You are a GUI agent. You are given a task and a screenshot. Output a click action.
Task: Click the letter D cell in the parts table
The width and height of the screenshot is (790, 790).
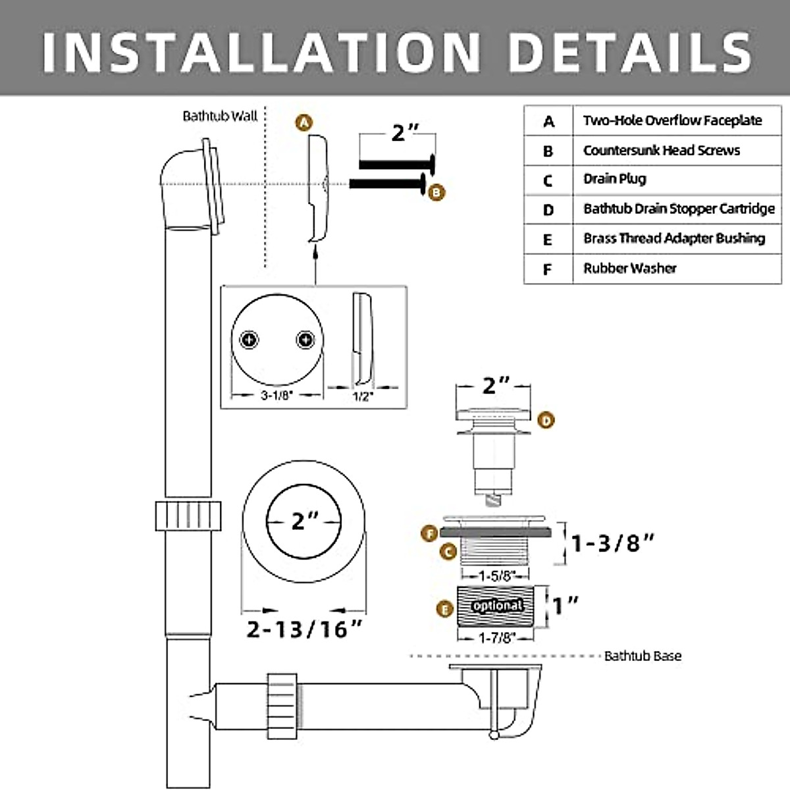click(x=548, y=210)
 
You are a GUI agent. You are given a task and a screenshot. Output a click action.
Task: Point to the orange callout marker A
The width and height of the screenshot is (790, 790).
click(x=303, y=122)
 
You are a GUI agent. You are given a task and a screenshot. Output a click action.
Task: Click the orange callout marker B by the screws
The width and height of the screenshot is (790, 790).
click(x=436, y=192)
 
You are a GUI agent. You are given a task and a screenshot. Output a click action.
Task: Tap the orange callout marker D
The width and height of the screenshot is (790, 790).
click(x=546, y=420)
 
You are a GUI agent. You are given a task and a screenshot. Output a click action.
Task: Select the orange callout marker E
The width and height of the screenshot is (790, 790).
click(x=446, y=610)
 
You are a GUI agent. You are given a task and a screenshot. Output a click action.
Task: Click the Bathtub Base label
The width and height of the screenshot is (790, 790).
click(x=643, y=656)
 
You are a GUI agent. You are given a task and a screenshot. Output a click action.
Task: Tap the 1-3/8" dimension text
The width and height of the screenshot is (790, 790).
click(x=613, y=544)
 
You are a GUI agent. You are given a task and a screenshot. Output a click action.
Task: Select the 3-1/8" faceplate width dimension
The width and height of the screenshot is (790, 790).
click(x=276, y=396)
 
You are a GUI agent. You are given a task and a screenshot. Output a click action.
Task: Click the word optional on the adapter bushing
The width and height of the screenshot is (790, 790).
click(x=498, y=605)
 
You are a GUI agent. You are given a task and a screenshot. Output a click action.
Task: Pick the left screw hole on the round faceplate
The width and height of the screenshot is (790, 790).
click(x=249, y=340)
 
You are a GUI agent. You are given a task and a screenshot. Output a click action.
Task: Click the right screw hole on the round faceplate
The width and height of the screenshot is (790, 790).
click(x=305, y=340)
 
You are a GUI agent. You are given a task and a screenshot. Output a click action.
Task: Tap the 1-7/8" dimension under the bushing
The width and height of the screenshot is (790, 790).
click(x=496, y=637)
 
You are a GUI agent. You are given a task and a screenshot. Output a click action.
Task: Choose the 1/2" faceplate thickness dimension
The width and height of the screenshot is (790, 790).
click(x=363, y=396)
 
